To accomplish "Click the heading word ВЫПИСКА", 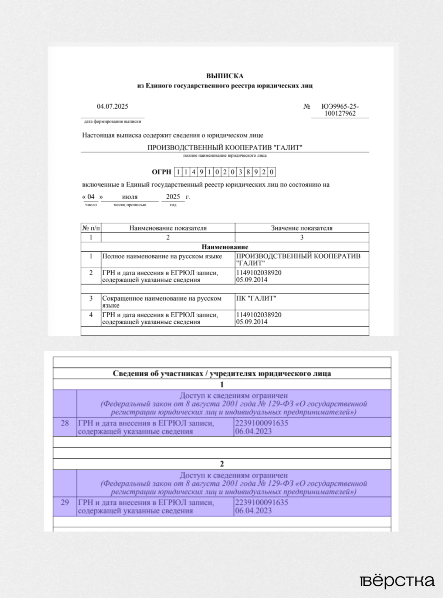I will tap(224, 76).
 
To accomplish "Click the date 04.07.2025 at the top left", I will tap(112, 106).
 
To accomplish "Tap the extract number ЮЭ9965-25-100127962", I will tap(340, 110).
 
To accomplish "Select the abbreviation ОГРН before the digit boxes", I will tap(161, 172).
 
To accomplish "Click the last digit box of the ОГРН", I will tap(271, 172).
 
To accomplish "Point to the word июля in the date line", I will tap(130, 197).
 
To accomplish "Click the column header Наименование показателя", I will tap(168, 228).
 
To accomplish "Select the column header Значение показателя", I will tap(302, 228).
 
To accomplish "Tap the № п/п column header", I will tap(91, 228).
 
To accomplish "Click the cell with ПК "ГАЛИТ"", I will tap(256, 298).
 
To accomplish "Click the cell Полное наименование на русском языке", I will tap(162, 256).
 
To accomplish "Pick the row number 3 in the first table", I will tap(91, 298).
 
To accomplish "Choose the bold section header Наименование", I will tap(225, 247).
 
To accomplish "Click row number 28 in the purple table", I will tap(65, 423).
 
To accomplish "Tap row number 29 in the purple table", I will tap(65, 502).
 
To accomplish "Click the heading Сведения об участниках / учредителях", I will tap(222, 373).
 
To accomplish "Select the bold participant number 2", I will tap(222, 464).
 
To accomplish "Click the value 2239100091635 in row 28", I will tap(261, 423).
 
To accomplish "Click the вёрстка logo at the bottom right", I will tap(397, 581).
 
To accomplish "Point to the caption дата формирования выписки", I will tap(112, 121).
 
